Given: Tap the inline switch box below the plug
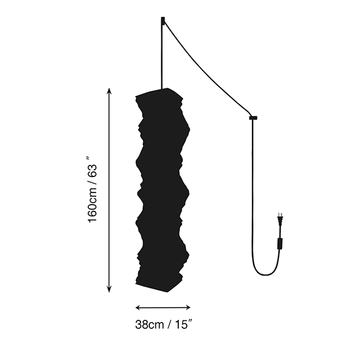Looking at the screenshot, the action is [280, 244].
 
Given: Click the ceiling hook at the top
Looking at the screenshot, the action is [163, 20].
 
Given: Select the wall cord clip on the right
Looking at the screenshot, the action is [253, 118].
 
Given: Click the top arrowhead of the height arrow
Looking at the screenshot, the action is [109, 91].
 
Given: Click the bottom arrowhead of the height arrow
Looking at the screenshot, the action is [109, 289].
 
